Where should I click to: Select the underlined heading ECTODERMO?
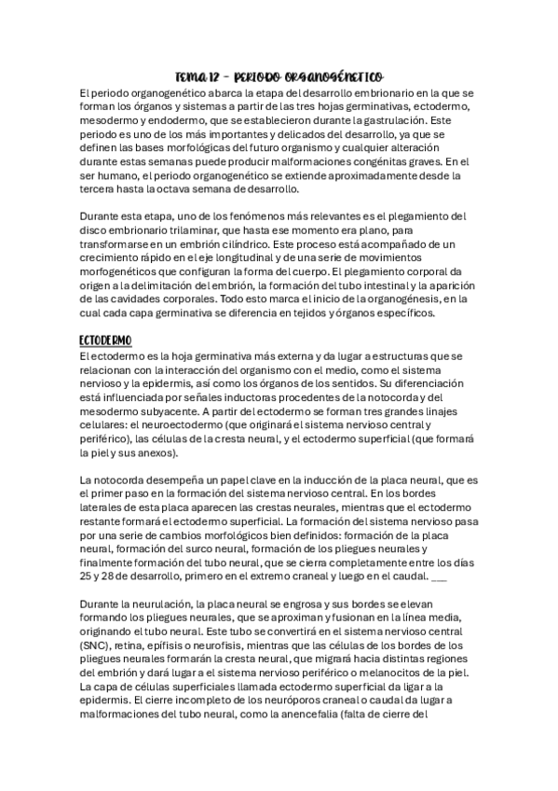coord(105,340)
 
